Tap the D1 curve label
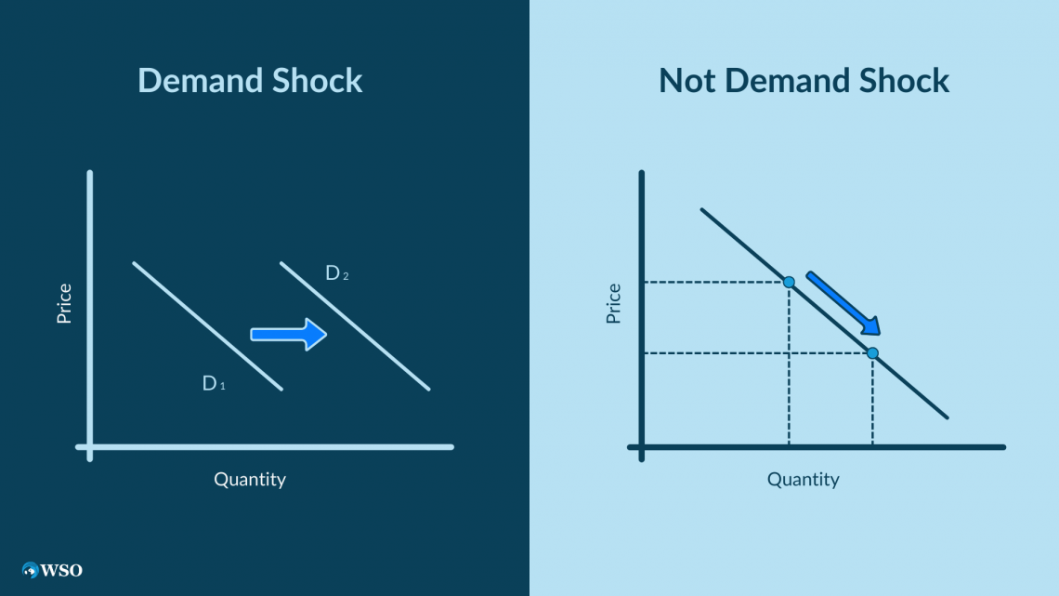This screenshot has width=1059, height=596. pos(214,383)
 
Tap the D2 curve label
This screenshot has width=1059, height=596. pos(337,273)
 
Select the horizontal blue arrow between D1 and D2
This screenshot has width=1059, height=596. pos(288,335)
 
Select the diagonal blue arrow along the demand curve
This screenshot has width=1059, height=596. pos(843,303)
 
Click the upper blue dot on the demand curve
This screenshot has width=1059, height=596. pos(789,282)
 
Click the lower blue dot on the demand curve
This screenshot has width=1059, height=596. pos(872,352)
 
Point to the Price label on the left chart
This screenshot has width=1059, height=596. pos(64,303)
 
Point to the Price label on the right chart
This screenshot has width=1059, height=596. pos(613,303)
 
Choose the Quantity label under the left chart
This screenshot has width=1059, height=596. pos(250,480)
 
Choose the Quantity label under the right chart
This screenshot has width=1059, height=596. pos(803,480)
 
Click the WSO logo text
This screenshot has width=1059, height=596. pos(61,570)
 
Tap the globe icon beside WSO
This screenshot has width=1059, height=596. pos(31,570)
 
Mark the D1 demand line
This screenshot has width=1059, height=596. pos(207,326)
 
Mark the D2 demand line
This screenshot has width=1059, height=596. pos(355,326)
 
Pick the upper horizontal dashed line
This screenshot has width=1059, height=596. pos(715,282)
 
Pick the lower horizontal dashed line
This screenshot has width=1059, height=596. pos(757,352)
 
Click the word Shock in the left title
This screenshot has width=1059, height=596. pos(317,80)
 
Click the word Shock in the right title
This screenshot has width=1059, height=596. pos(904,80)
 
